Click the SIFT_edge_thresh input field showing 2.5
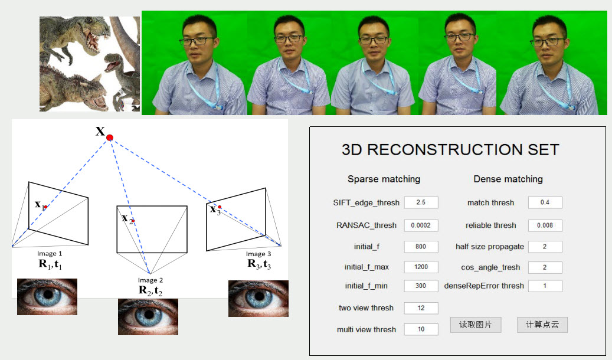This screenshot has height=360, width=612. click(421, 202)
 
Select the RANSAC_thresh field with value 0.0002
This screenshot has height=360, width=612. click(421, 225)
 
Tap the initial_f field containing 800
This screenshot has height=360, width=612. click(421, 247)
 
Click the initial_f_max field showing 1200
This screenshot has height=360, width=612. click(421, 267)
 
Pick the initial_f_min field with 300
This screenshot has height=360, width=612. click(421, 286)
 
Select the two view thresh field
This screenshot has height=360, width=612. click(421, 308)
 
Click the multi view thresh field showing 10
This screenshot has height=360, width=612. click(421, 329)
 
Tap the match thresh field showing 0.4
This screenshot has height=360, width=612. click(545, 202)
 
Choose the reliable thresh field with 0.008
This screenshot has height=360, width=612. click(545, 225)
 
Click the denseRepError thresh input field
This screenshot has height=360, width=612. click(545, 286)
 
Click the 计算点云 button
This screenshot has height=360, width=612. click(542, 325)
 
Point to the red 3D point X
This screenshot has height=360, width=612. click(110, 137)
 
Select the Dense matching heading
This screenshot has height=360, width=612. click(508, 179)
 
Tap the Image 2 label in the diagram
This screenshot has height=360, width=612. click(150, 280)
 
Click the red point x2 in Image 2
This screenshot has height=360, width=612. click(133, 221)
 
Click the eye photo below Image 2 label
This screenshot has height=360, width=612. click(148, 317)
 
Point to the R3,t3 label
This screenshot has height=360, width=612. click(259, 264)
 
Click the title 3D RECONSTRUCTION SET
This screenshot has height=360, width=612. click(450, 150)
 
